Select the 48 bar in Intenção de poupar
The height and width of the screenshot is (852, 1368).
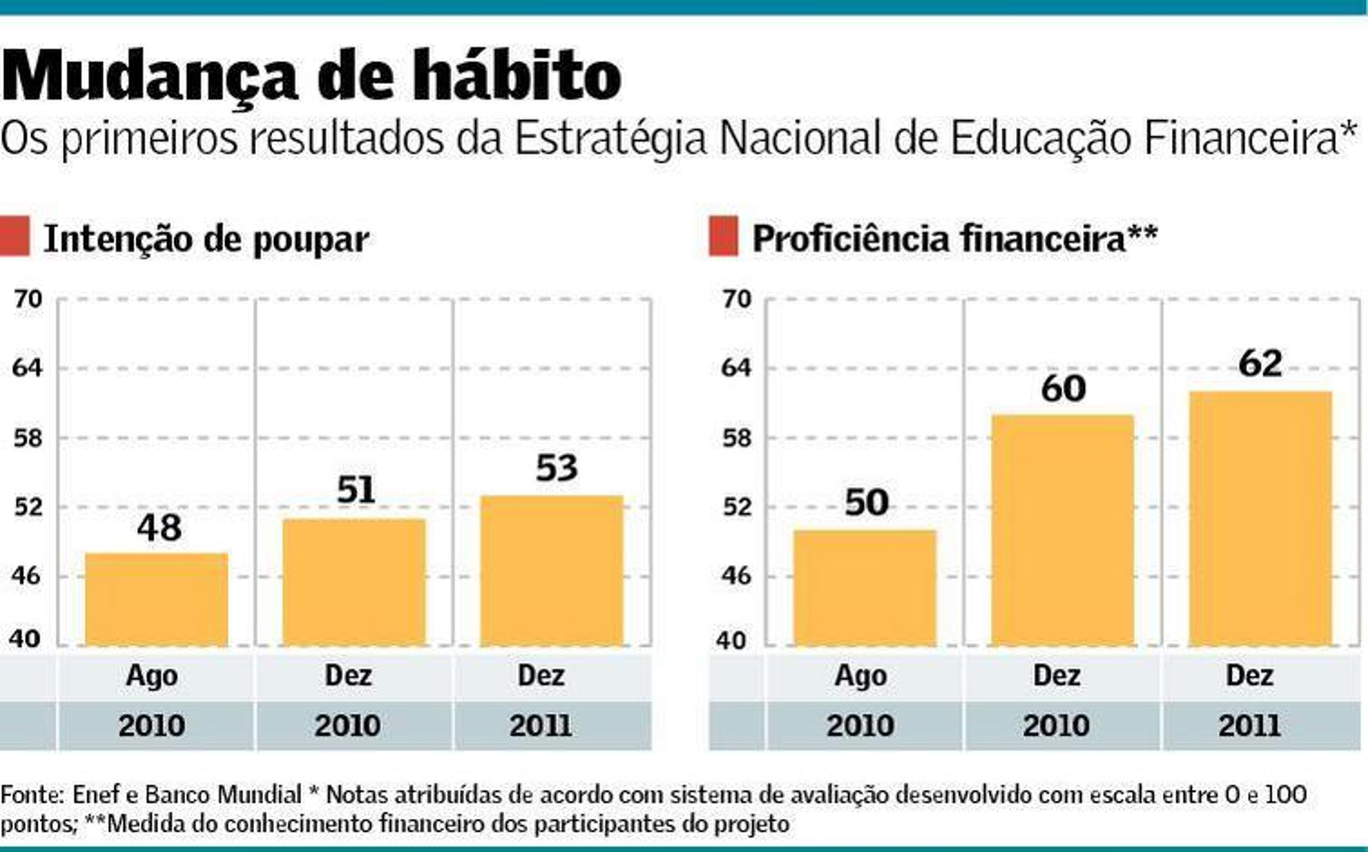click(x=156, y=599)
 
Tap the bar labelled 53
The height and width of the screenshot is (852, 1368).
click(x=552, y=571)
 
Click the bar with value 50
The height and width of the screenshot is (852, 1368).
click(x=864, y=588)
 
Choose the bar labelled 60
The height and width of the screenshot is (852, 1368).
click(x=1062, y=530)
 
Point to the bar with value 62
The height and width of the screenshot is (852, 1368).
click(x=1260, y=518)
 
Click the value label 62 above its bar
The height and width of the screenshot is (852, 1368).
click(x=1260, y=364)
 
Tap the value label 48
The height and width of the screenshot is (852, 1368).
click(x=159, y=527)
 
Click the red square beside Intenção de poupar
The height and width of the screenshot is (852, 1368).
click(x=14, y=236)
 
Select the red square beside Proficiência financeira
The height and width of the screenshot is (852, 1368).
click(x=723, y=236)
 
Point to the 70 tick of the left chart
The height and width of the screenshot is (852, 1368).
click(x=27, y=298)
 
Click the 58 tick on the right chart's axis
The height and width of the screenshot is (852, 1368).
click(x=736, y=439)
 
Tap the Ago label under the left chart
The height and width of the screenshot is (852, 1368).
click(x=151, y=676)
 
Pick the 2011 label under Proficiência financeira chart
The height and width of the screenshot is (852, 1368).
click(x=1249, y=725)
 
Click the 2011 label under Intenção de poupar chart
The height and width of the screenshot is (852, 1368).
click(x=540, y=725)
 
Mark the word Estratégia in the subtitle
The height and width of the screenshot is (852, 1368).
click(x=611, y=138)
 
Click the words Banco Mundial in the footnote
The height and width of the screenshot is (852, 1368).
click(x=222, y=795)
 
